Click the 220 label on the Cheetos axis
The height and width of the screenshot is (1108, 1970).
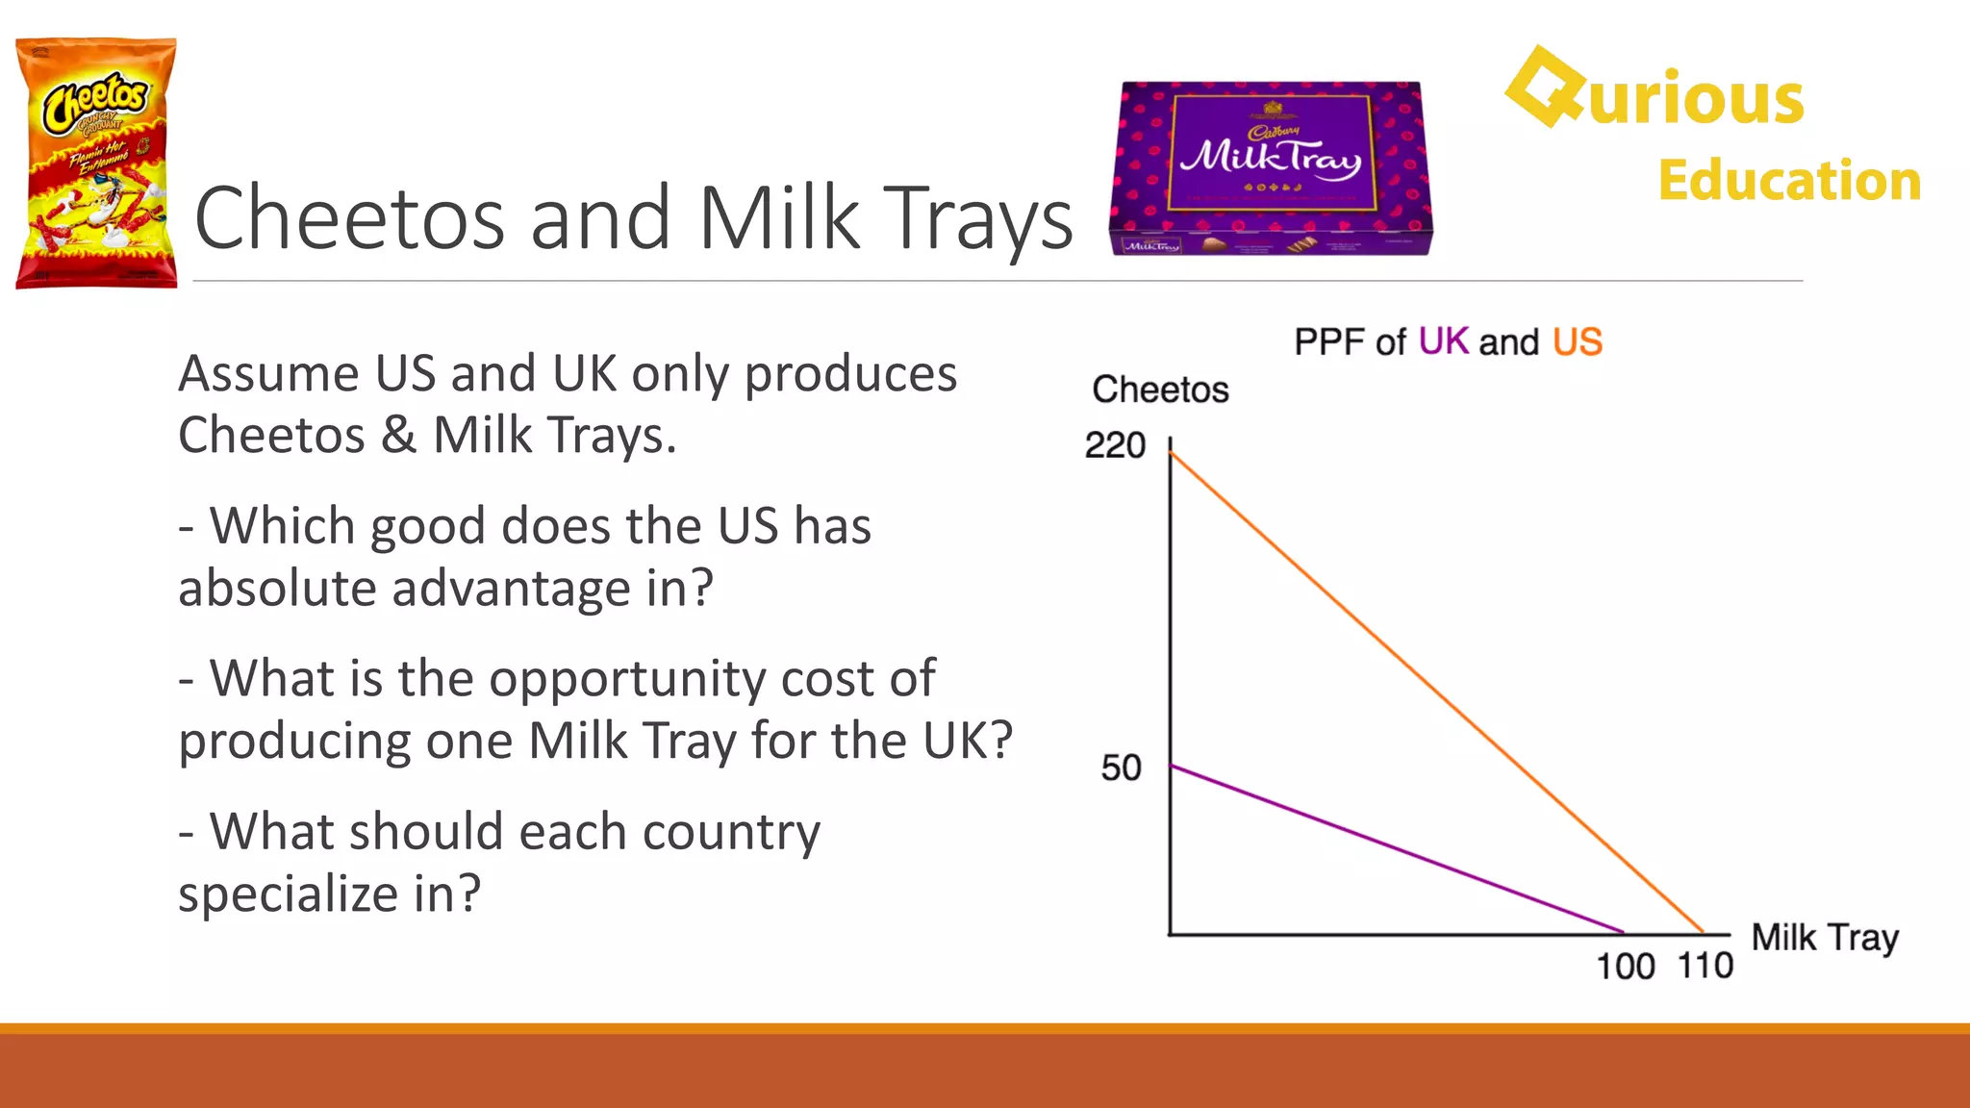pyautogui.click(x=1115, y=445)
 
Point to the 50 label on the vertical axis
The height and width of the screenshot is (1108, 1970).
pyautogui.click(x=1121, y=768)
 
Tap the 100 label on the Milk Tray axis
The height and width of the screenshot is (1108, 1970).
pyautogui.click(x=1625, y=967)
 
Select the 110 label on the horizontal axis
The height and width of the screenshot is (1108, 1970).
pyautogui.click(x=1705, y=966)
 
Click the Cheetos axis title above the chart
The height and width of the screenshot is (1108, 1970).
pyautogui.click(x=1160, y=390)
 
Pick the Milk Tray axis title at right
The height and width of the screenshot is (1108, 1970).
pyautogui.click(x=1825, y=938)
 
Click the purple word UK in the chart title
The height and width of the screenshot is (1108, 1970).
pyautogui.click(x=1443, y=342)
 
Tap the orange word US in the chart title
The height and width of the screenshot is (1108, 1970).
pyautogui.click(x=1577, y=342)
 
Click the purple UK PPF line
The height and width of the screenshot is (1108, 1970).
pyautogui.click(x=1395, y=848)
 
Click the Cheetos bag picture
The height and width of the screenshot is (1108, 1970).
pyautogui.click(x=96, y=164)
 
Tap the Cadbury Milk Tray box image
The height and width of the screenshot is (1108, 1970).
pyautogui.click(x=1270, y=168)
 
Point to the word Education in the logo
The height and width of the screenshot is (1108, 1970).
pyautogui.click(x=1789, y=181)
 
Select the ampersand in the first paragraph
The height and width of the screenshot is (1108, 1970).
pyautogui.click(x=398, y=435)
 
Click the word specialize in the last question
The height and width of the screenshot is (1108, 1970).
pyautogui.click(x=289, y=894)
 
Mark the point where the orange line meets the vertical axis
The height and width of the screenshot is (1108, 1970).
pyautogui.click(x=1171, y=451)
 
